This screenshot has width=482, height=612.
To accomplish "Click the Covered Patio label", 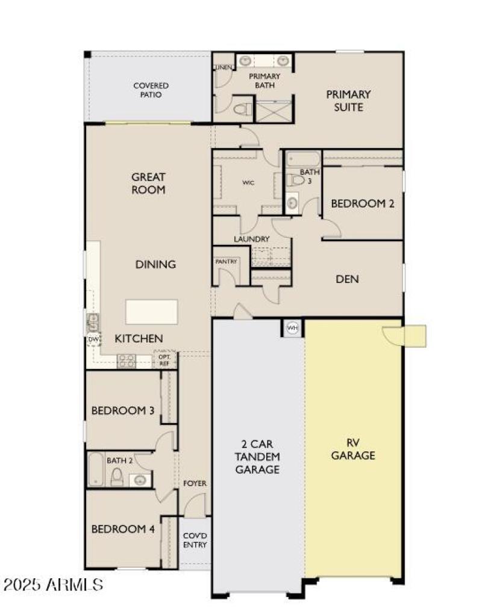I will coord(151,90).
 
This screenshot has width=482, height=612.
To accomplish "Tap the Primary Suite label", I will coord(348,100).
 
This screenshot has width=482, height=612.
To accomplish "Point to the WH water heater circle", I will coord(292,328).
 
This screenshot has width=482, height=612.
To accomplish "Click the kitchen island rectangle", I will coord(151,312).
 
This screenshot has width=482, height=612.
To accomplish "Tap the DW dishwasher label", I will coord(92,340).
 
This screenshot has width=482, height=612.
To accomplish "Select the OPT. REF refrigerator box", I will coord(164,359).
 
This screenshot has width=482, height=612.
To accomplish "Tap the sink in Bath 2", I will coord(140,480).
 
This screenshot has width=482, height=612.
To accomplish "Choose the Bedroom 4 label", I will coord(123,529).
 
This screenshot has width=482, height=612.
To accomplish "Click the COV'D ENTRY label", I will coord(195,540).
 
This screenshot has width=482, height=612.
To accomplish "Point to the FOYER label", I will coord(195,483).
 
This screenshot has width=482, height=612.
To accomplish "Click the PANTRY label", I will coord(226,262).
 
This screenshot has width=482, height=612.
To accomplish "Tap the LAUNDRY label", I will coord(251,239).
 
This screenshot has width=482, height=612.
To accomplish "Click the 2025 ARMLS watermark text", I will coord(53,584).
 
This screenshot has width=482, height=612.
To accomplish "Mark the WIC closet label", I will coord(247,182).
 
